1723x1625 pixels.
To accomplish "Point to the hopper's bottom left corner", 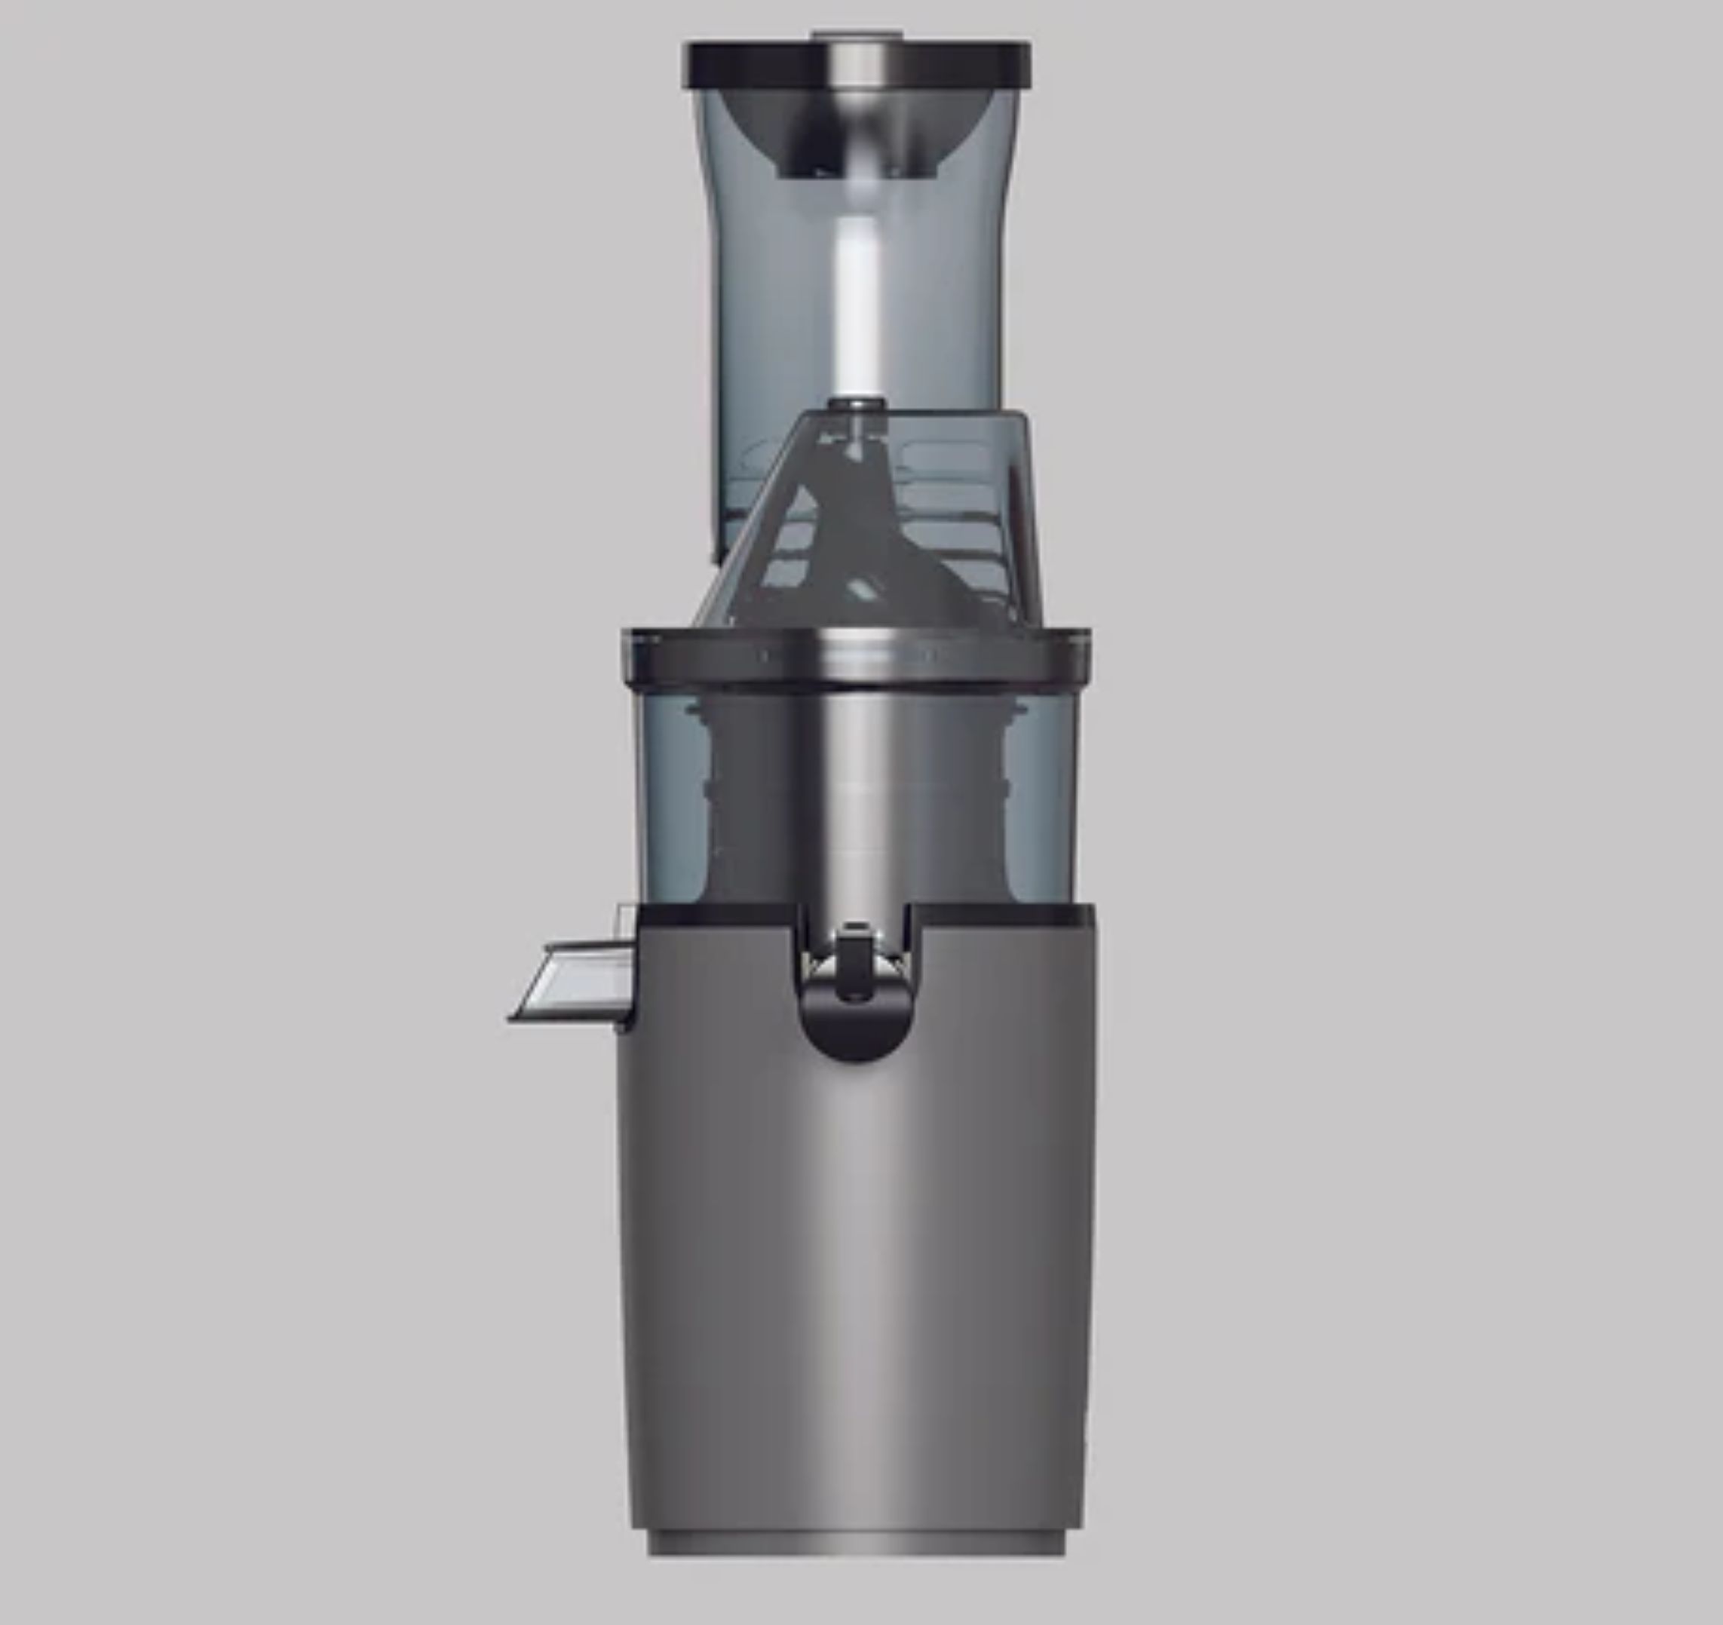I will (x=716, y=555).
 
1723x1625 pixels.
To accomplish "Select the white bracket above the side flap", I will (x=627, y=923).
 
